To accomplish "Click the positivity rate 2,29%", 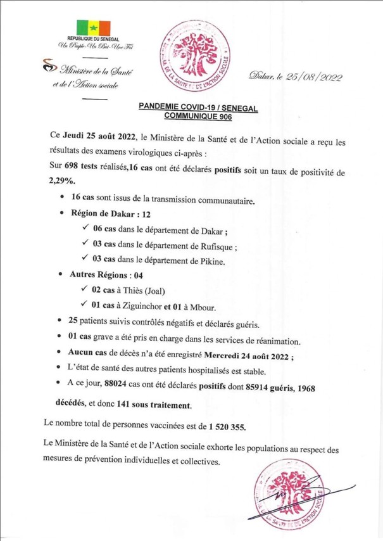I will [62, 181].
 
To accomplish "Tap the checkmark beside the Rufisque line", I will [86, 246].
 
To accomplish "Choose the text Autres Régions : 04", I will [106, 276].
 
